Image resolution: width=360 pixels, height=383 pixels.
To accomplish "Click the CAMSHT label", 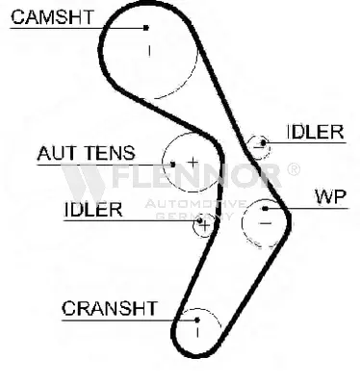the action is tap(52, 17).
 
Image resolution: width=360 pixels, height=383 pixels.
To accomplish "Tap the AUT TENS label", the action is tap(86, 153).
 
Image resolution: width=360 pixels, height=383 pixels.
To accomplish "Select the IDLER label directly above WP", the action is tap(315, 132).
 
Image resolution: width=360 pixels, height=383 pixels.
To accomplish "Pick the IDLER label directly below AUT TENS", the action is tap(93, 210).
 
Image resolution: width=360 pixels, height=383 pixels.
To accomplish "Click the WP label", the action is tap(331, 196).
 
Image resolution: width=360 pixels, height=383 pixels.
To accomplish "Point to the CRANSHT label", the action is tap(110, 308).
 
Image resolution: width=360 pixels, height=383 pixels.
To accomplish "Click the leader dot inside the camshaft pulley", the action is tap(146, 28).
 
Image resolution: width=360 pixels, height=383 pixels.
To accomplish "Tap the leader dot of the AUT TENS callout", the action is tap(172, 165).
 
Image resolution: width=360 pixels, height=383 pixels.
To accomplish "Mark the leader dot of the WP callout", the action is tap(265, 209).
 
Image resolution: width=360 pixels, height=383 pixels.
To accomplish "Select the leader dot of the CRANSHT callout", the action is tap(197, 319).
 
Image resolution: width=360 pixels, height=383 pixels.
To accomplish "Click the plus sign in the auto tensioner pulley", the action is tap(193, 163).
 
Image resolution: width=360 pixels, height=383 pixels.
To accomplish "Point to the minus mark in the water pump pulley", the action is tap(266, 222).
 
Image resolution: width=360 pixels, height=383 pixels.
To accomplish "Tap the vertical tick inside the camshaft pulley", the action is tap(149, 51).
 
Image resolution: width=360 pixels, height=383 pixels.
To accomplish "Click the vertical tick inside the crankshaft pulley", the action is tap(197, 332).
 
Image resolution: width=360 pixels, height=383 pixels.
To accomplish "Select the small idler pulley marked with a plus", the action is tap(193, 225).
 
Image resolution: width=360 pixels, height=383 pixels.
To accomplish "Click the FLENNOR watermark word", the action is tap(197, 176).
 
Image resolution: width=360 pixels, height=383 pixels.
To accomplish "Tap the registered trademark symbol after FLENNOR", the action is tap(293, 169).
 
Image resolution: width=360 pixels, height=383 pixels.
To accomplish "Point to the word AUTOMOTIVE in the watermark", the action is tap(195, 204).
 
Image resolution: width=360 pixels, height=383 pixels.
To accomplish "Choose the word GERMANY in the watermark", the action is tap(194, 216).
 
